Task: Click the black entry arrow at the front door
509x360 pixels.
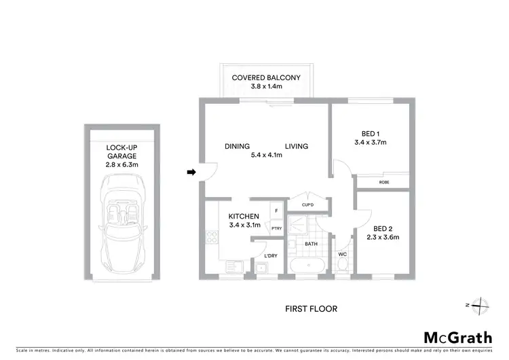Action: [191, 173]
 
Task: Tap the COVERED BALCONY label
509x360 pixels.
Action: [266, 77]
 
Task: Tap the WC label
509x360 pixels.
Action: [343, 255]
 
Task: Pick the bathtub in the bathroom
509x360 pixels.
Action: [309, 265]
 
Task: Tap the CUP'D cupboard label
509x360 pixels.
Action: [307, 204]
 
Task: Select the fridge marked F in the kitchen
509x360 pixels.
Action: [276, 211]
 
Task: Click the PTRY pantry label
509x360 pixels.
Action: [276, 228]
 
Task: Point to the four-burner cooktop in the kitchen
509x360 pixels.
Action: [211, 238]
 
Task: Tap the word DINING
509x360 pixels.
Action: [238, 146]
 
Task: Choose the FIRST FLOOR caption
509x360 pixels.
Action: [311, 308]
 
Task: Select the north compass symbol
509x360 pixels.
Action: [480, 305]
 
